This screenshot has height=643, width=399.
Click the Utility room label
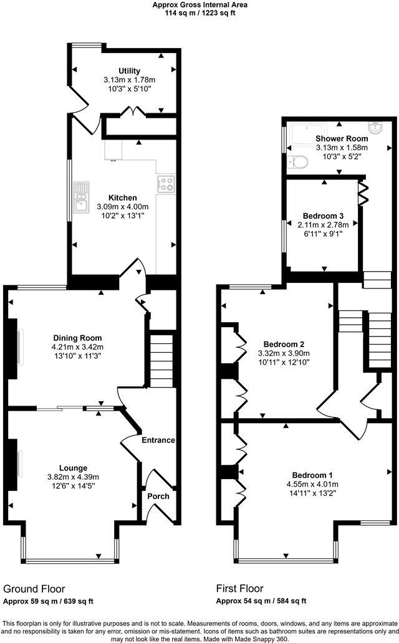click(x=130, y=71)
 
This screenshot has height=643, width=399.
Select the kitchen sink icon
click(x=81, y=197)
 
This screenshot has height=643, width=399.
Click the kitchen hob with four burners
click(x=166, y=184)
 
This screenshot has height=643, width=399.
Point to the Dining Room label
click(x=77, y=338)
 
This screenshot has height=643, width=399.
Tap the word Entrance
click(x=158, y=440)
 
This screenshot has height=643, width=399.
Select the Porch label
click(x=158, y=497)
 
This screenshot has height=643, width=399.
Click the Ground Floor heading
click(x=34, y=588)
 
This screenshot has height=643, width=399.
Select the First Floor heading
click(x=239, y=588)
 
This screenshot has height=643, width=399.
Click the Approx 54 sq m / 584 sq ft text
click(x=261, y=601)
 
